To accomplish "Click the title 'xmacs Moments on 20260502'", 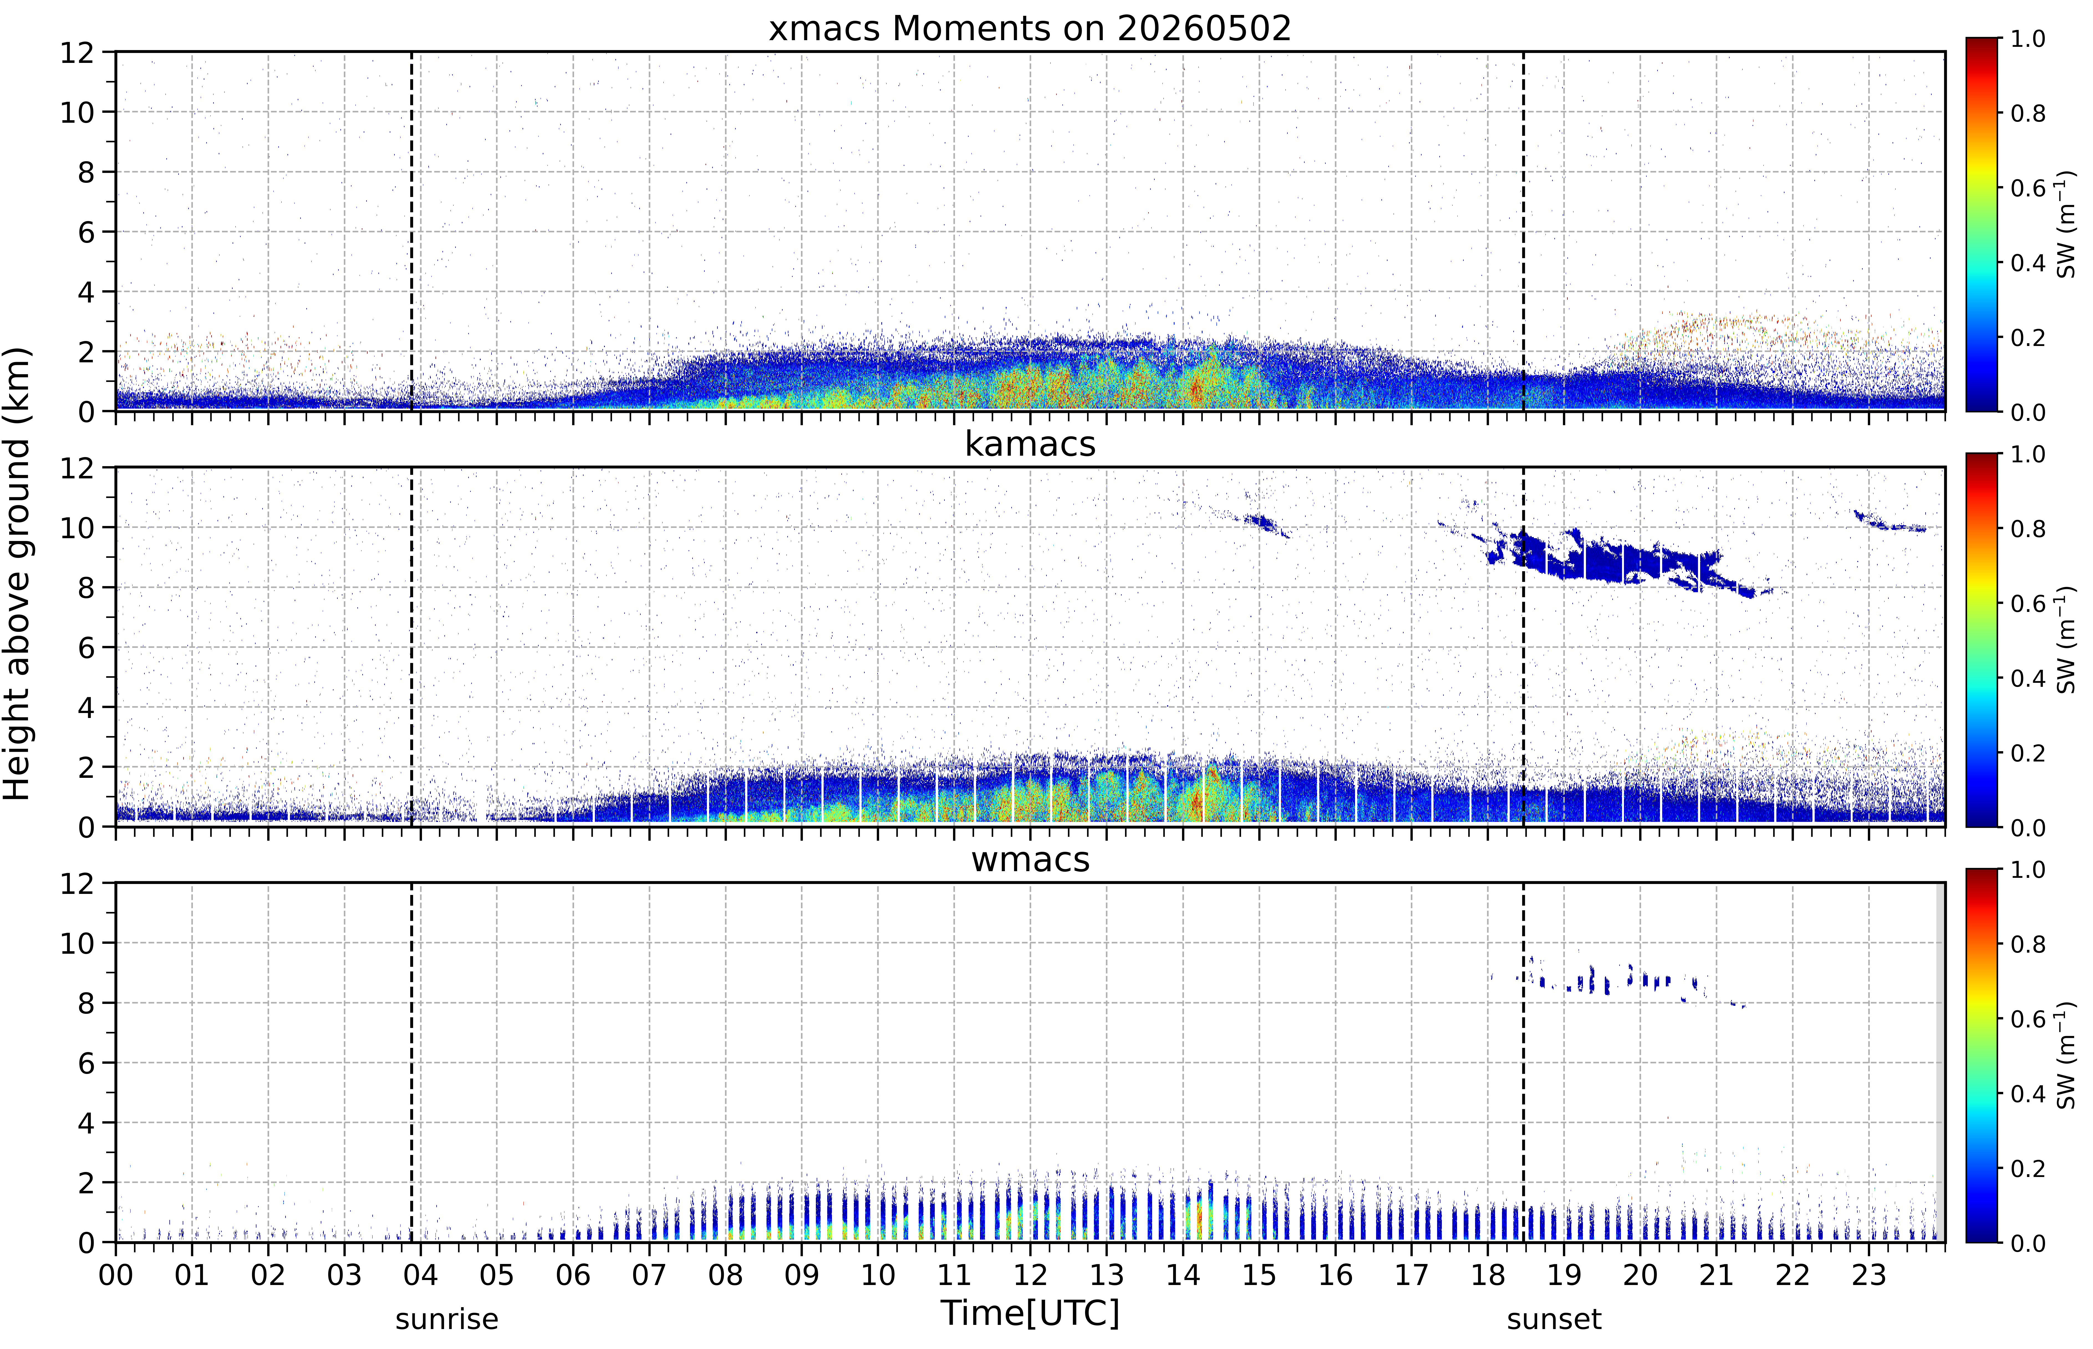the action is click(x=1030, y=29).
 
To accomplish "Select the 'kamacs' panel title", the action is click(x=1030, y=444).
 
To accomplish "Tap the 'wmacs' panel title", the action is click(x=1030, y=859).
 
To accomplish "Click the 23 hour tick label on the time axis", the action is click(x=1869, y=1274).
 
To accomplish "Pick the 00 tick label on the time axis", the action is click(x=116, y=1274).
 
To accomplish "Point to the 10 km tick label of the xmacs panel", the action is click(x=77, y=112).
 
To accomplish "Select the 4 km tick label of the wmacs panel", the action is click(x=86, y=1123).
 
